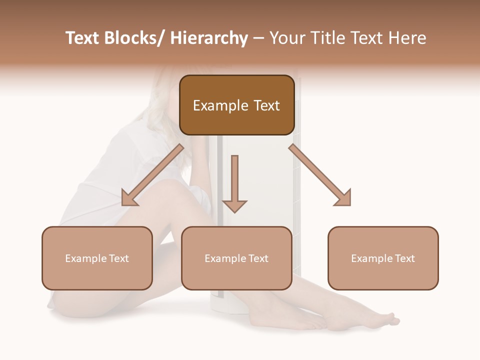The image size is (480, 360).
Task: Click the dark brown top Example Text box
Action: (x=236, y=105)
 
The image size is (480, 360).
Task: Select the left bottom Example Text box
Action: (x=97, y=258)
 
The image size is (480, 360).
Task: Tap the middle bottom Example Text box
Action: (x=236, y=258)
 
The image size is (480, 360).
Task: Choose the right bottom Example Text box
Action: (x=383, y=258)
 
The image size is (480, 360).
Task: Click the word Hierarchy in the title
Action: (x=208, y=38)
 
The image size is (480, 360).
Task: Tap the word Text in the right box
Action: (x=404, y=258)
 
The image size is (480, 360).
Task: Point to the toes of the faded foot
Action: (x=390, y=319)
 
